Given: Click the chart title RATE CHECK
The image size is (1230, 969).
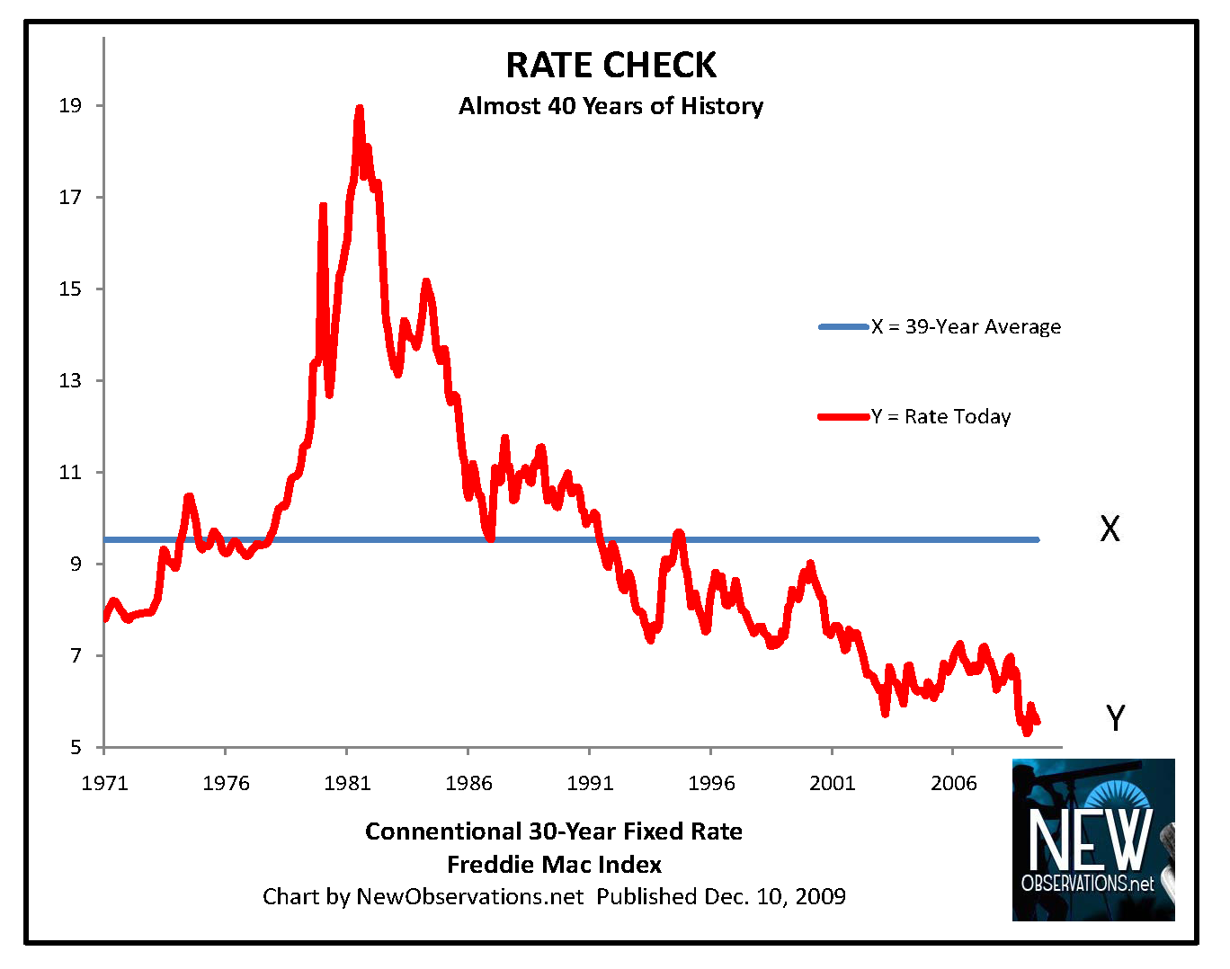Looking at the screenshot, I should [x=611, y=66].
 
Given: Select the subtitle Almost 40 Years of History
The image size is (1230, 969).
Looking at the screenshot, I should [x=611, y=106].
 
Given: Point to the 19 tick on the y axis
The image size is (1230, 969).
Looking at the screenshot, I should [x=70, y=106].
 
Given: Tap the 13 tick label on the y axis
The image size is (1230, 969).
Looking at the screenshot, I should [x=70, y=381].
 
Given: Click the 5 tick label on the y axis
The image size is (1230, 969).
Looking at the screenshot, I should [x=76, y=748].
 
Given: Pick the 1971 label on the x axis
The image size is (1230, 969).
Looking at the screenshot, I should [x=104, y=783].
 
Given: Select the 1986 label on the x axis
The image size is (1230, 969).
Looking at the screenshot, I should [x=468, y=783].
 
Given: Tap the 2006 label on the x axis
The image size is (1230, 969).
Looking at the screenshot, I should [x=953, y=783].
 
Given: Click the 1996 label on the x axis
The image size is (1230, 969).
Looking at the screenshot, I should [x=711, y=783].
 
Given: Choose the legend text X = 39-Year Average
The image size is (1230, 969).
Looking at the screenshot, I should [x=966, y=327].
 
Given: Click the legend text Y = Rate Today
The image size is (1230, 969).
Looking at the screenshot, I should [x=940, y=417].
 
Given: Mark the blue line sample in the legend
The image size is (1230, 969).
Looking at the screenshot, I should [x=843, y=327].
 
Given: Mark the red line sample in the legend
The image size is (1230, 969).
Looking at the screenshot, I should [x=843, y=417].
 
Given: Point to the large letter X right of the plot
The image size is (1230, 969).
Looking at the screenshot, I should [x=1110, y=529].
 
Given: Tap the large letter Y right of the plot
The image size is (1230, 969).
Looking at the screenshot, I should [x=1115, y=718].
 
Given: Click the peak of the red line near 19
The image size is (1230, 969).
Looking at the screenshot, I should [x=359, y=109].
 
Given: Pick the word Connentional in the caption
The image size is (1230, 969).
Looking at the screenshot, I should [x=442, y=831].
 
